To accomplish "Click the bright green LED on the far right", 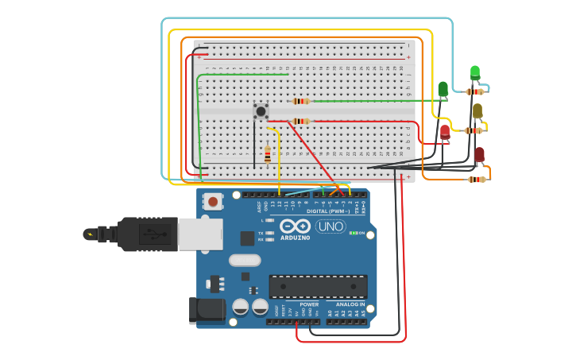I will coord(475,73).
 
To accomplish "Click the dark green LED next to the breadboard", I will coord(443,89).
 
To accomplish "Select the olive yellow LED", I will coord(477,110).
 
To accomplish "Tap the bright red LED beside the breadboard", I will coord(445,132).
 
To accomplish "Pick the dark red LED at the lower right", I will coord(479,154).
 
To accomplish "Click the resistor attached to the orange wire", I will coord(476,180).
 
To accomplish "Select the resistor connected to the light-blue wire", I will coord(475,91).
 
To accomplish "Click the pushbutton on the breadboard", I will coord(261,111).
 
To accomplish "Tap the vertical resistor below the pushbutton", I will coord(267,156).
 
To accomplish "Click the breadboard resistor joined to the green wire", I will coord(300,101).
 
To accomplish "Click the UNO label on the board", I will coord(331,226).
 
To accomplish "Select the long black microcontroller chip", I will coord(318,286).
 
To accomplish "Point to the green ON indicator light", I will coord(353,233).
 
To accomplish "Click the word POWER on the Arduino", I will coord(308,304).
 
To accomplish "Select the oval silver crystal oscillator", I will coord(245,260).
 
